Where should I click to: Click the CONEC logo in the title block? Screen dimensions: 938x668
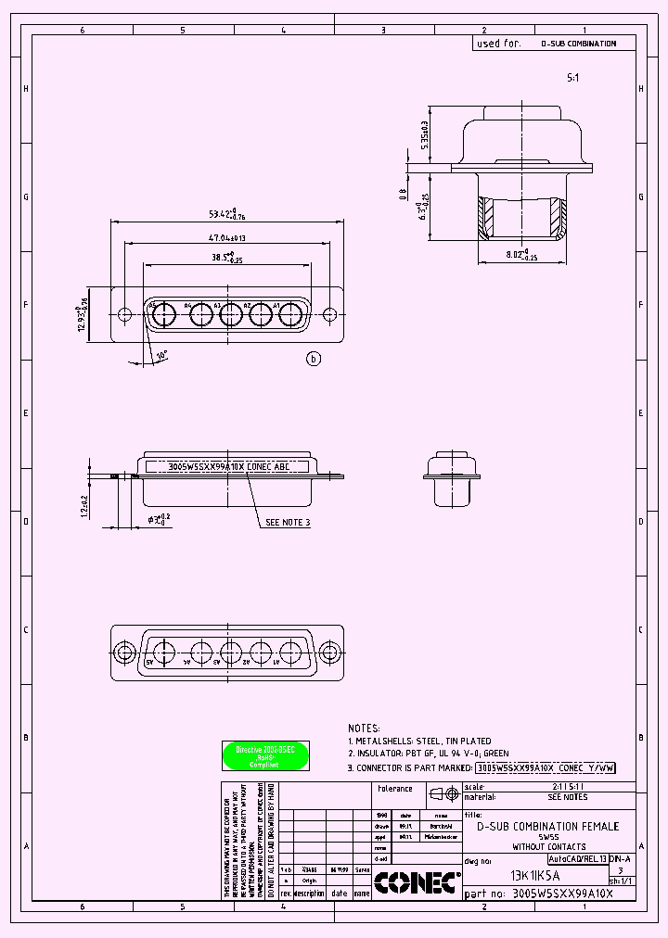[x=417, y=882]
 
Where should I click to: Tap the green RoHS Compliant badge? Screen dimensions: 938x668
[x=265, y=756]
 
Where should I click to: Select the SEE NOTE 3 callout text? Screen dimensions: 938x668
[x=288, y=523]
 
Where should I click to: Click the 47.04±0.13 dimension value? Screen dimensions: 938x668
[x=220, y=237]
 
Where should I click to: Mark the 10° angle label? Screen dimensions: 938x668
[x=163, y=355]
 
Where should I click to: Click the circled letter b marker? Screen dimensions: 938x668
[x=314, y=359]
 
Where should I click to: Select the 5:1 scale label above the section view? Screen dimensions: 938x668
[x=572, y=79]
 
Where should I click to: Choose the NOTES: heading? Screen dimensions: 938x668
[x=365, y=729]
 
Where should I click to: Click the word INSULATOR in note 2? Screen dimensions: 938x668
[x=382, y=754]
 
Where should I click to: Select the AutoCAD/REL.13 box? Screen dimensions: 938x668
[x=577, y=859]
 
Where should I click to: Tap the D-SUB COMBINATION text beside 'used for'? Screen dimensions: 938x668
[x=578, y=44]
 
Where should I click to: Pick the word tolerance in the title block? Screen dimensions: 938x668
[x=395, y=789]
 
